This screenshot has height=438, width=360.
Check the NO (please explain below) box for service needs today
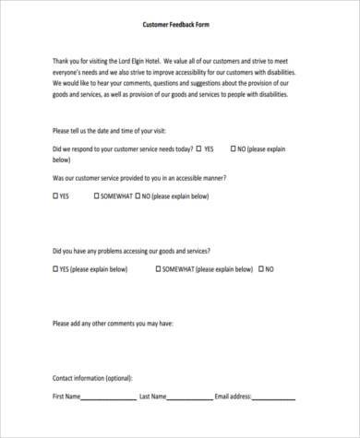(x=233, y=148)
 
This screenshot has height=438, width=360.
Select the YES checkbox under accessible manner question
(x=55, y=196)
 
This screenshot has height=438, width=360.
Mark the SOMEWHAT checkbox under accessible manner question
(x=96, y=196)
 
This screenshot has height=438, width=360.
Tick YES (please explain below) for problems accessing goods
(x=55, y=270)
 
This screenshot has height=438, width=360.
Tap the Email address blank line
(x=278, y=398)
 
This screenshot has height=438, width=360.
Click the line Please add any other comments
(x=113, y=324)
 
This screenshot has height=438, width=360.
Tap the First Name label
(x=66, y=397)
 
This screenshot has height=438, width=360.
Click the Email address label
(x=232, y=397)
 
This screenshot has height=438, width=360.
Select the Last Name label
(x=152, y=397)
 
